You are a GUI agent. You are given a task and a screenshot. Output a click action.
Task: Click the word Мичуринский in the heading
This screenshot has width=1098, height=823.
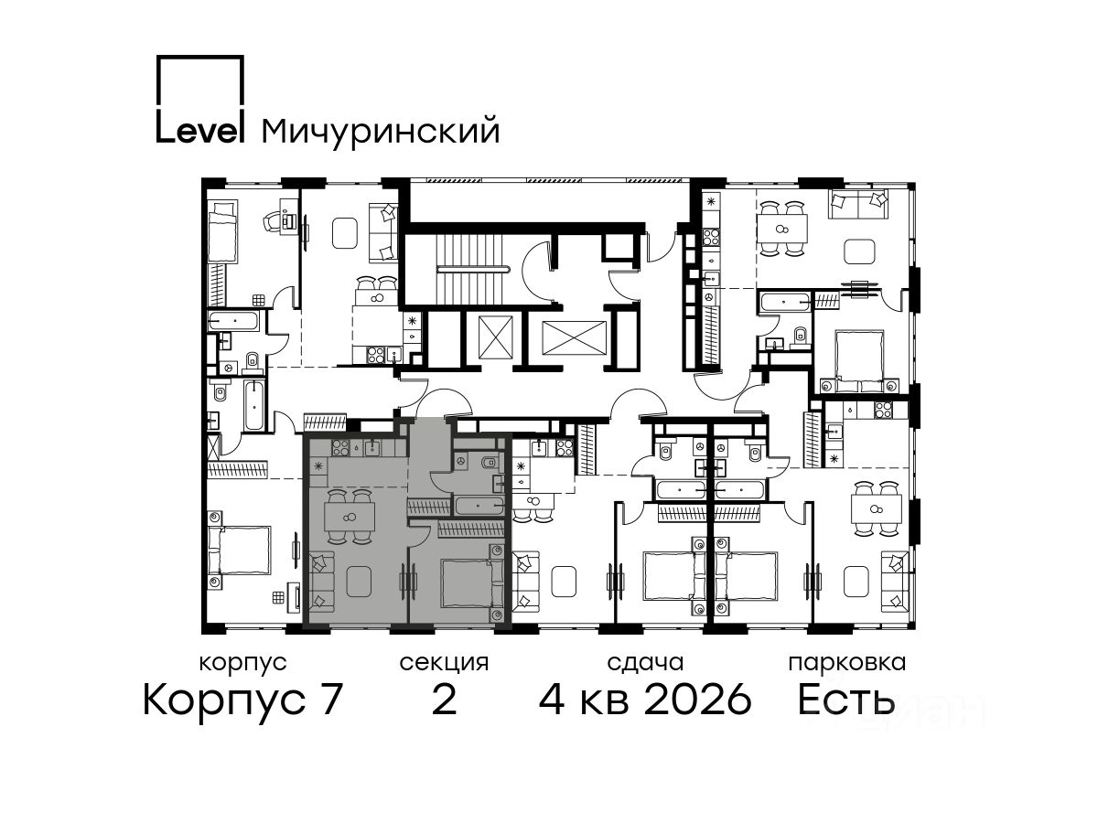381,132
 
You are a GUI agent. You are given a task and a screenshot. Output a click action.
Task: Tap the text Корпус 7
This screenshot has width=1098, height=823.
242,700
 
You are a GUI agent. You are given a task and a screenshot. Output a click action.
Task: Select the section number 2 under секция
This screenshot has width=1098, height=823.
444,700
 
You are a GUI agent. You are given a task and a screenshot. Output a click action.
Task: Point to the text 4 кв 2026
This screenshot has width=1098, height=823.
645,700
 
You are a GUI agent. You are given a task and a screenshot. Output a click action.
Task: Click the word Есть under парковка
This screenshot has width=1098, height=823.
846,700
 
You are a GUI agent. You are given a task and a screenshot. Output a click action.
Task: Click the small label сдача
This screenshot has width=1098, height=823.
645,664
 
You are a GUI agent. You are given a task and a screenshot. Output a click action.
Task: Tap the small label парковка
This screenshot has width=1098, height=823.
847,664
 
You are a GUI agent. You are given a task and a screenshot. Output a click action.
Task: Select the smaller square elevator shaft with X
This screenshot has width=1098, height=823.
496,337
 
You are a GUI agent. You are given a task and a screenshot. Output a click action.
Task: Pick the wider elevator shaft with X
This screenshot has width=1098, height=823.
574,337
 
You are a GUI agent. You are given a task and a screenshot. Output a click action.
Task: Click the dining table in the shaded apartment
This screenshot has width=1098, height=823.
350,518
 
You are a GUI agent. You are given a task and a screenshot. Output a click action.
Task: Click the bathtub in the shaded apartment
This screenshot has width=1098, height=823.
479,505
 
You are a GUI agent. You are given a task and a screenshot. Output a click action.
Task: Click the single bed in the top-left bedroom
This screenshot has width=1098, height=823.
221,230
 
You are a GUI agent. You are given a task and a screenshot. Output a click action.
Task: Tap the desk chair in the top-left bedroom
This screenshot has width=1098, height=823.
273,221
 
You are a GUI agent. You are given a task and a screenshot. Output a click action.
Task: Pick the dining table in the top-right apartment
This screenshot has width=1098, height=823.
781,229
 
